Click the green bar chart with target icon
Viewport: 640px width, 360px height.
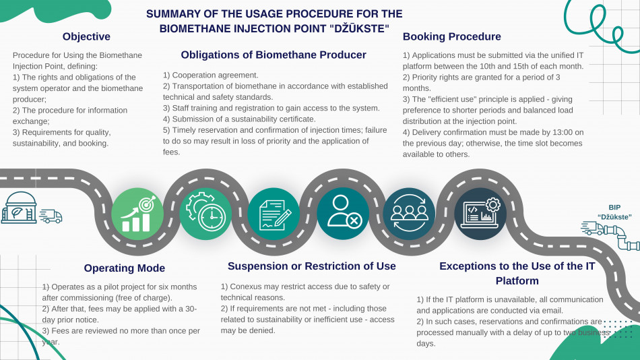point(137,214)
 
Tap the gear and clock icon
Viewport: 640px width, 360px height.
point(205,214)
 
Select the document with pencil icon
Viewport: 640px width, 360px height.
point(274,214)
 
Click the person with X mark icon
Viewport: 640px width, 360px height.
point(343,214)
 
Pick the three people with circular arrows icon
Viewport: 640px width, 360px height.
point(409,214)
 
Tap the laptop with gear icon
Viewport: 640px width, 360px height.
point(480,214)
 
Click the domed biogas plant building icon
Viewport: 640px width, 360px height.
point(19,208)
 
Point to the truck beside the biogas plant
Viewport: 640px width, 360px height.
point(51,216)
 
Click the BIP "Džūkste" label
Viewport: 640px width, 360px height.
point(614,212)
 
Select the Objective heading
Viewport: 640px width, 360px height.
point(86,36)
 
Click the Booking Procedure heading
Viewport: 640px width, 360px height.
point(452,36)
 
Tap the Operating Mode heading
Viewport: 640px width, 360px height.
point(125,268)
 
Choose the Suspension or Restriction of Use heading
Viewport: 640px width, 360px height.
point(312,266)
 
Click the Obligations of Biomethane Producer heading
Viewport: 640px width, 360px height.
point(274,55)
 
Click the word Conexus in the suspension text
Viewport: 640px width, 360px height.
point(245,287)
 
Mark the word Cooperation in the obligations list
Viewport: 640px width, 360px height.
point(193,76)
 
